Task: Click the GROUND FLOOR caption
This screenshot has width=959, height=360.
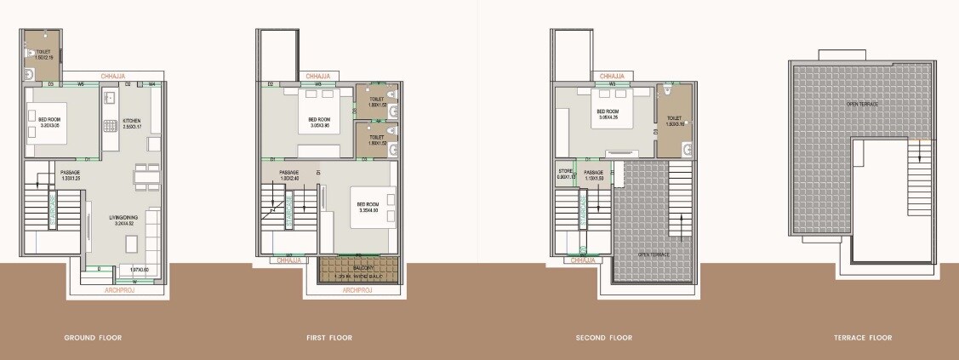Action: tap(93, 338)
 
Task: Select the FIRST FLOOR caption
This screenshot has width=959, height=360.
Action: tap(329, 338)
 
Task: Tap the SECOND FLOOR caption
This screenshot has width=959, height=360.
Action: tap(603, 338)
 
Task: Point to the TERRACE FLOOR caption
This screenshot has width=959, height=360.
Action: tap(863, 338)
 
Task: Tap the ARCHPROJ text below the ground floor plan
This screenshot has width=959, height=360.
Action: tap(118, 290)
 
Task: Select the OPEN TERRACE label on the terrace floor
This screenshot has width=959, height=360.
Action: tap(861, 104)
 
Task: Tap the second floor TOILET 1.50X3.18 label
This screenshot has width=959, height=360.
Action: tap(674, 120)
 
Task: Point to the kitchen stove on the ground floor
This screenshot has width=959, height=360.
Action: tap(111, 126)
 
